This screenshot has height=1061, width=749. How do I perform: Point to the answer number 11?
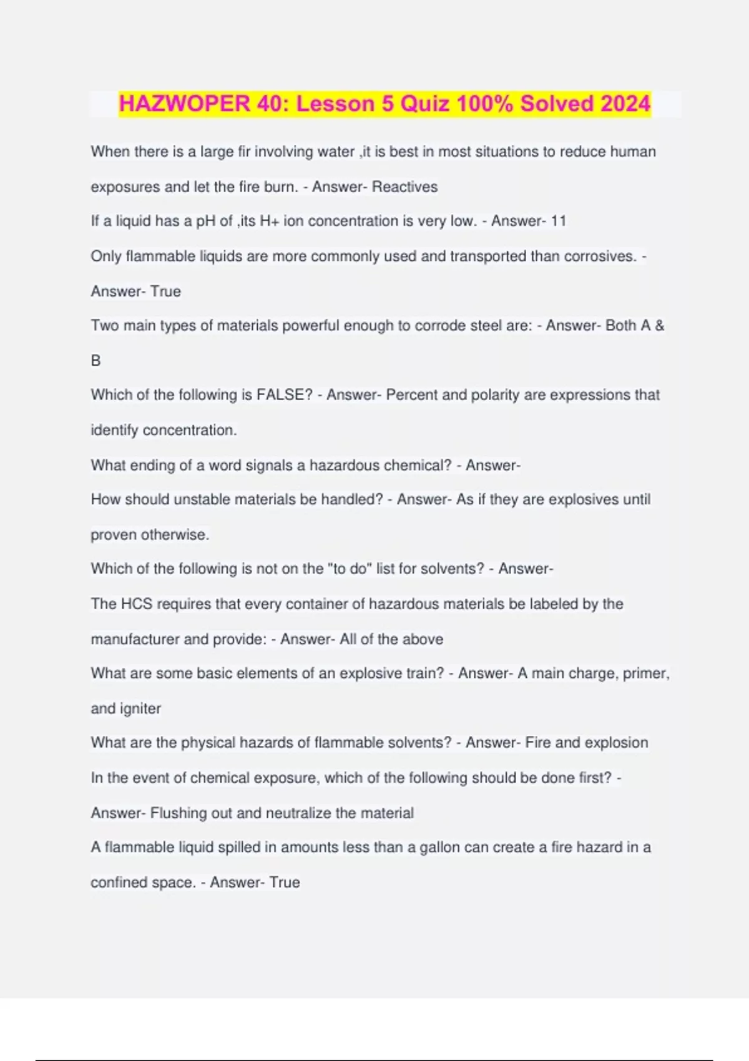tap(559, 221)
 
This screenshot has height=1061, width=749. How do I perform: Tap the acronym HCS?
tap(136, 604)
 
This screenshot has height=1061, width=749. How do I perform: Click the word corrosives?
tap(599, 257)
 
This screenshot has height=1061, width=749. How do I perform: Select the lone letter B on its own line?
tap(95, 361)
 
